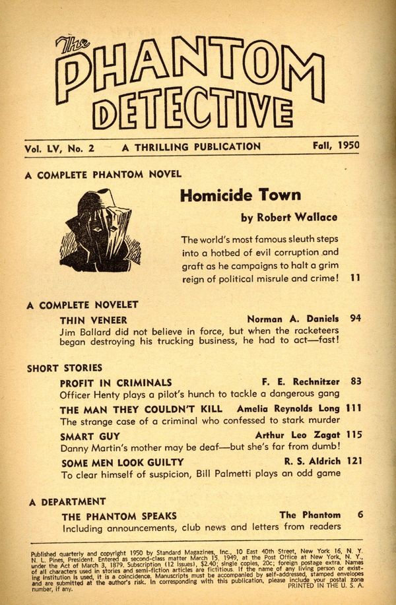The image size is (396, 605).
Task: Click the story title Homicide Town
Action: tap(240, 195)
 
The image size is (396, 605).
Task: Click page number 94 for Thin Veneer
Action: tap(356, 318)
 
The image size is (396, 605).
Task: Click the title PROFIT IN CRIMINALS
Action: tap(115, 383)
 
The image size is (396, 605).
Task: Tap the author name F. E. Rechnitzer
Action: tap(302, 382)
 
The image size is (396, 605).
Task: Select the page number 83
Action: tap(356, 381)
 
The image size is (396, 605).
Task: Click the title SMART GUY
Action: tap(90, 436)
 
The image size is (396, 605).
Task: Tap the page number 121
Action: tap(353, 462)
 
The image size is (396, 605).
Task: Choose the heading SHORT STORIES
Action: tap(65, 368)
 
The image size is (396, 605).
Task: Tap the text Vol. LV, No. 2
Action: tap(59, 148)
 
